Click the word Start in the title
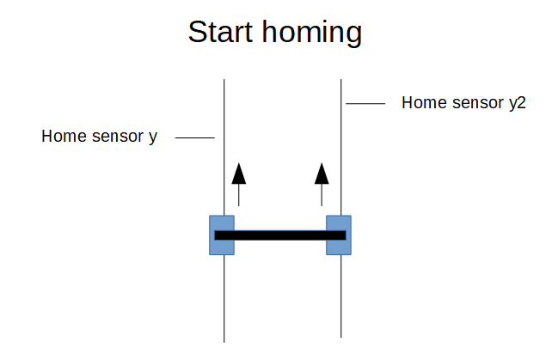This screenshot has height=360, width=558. (x=220, y=32)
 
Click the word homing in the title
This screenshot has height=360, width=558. (x=312, y=34)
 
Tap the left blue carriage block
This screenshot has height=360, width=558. (x=222, y=235)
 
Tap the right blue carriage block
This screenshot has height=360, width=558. (x=339, y=235)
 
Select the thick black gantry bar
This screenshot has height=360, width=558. (x=280, y=235)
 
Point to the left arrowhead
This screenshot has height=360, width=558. (x=239, y=174)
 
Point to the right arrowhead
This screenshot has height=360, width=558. (x=322, y=174)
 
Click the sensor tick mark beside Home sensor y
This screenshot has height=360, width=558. (x=195, y=137)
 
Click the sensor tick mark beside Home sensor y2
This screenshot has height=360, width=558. (x=365, y=103)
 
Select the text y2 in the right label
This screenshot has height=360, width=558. (x=518, y=104)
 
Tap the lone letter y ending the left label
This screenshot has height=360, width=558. (x=153, y=138)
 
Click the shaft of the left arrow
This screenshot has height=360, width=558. (x=239, y=195)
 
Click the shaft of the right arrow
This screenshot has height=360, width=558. (x=322, y=195)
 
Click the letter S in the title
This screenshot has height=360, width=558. (x=198, y=32)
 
